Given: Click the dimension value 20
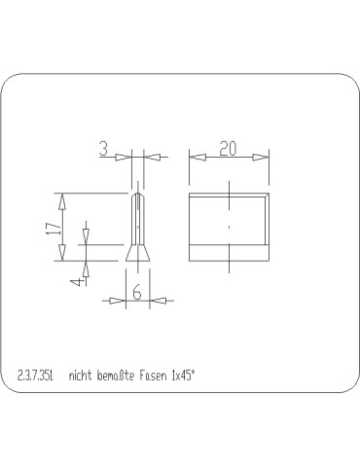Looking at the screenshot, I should [x=229, y=148].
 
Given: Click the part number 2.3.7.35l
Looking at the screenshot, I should [x=35, y=375].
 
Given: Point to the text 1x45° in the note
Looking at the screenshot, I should [x=184, y=375].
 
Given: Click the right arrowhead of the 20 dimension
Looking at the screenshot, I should [x=263, y=156].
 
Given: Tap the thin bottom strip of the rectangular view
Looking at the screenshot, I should [x=229, y=254].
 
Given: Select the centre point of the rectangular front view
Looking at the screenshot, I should [x=229, y=226].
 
